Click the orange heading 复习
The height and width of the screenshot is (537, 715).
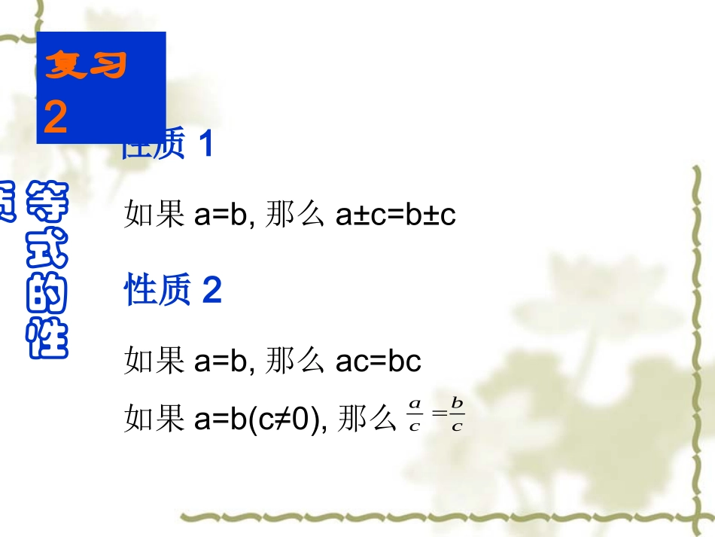(86, 66)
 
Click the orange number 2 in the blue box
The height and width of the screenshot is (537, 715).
(56, 118)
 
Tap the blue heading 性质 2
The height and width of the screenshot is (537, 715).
(173, 290)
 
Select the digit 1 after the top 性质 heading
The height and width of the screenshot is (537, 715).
(206, 145)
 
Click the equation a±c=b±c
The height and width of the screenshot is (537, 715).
(396, 216)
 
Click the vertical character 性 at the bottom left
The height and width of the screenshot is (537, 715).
(47, 339)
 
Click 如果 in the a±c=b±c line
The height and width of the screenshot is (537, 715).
(155, 216)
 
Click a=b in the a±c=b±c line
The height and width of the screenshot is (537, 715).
(221, 216)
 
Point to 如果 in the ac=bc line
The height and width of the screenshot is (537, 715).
(155, 362)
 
